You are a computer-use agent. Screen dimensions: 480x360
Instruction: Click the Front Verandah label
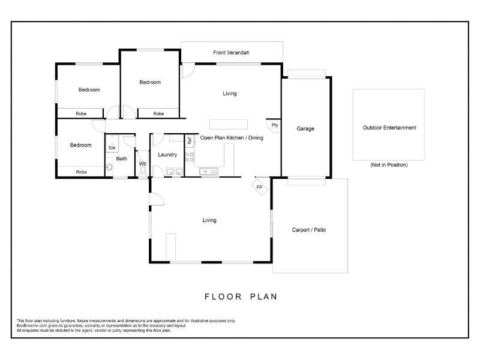[231, 53]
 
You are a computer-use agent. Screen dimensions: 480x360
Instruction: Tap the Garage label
[305, 129]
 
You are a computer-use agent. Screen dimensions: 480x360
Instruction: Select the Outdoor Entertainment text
[389, 128]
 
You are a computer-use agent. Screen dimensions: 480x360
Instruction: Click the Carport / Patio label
[308, 230]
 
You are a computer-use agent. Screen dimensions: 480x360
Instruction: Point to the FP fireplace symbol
[259, 187]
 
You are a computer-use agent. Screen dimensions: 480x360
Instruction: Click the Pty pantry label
[275, 125]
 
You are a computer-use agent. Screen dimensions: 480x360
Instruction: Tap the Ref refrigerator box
[190, 140]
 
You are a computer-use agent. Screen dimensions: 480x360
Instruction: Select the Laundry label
[167, 155]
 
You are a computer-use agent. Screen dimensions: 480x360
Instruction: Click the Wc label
[143, 164]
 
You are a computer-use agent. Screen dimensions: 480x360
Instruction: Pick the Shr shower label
[112, 148]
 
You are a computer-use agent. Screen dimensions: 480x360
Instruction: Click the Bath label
[122, 158]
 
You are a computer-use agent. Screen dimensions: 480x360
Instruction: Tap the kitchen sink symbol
[209, 172]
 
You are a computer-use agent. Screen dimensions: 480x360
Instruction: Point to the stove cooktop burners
[190, 157]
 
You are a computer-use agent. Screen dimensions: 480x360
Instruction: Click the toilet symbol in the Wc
[143, 172]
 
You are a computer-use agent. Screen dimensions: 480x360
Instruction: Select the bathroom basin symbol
[109, 167]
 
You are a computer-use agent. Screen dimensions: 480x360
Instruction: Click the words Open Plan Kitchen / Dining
[232, 138]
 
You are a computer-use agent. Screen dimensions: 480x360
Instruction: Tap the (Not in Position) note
[389, 165]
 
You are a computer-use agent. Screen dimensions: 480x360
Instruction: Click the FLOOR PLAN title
[241, 296]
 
